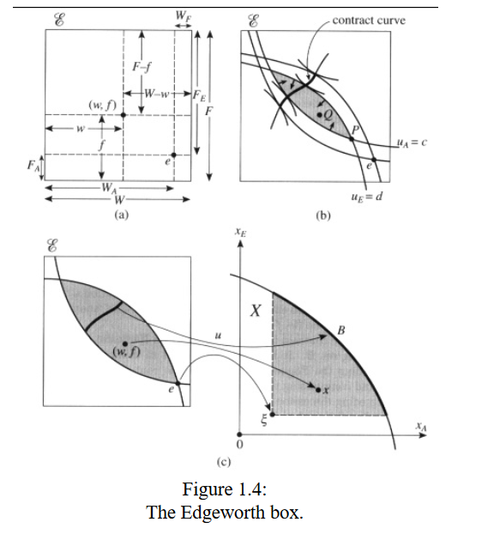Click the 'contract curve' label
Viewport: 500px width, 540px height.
pyautogui.click(x=369, y=21)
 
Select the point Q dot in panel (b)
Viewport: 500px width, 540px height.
pyautogui.click(x=320, y=115)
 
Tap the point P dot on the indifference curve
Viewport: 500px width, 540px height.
pyautogui.click(x=352, y=139)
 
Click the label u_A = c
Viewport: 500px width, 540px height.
pyautogui.click(x=412, y=143)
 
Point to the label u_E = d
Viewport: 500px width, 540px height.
pyautogui.click(x=367, y=197)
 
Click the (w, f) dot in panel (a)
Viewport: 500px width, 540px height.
pyautogui.click(x=123, y=115)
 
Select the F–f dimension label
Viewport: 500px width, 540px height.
pyautogui.click(x=142, y=66)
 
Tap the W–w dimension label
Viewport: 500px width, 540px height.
pyautogui.click(x=157, y=94)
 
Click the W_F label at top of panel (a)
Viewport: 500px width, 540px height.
pyautogui.click(x=183, y=16)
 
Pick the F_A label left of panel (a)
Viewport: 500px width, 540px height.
pyautogui.click(x=33, y=166)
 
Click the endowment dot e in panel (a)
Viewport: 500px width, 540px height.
pyautogui.click(x=174, y=155)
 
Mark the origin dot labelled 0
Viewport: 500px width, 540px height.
pyautogui.click(x=239, y=434)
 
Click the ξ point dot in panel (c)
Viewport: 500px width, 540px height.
pyautogui.click(x=272, y=415)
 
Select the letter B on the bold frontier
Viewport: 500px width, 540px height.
pyautogui.click(x=341, y=331)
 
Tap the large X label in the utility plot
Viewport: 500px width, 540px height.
pyautogui.click(x=256, y=311)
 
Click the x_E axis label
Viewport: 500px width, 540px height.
pyautogui.click(x=240, y=232)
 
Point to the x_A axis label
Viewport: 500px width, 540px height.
pyautogui.click(x=421, y=427)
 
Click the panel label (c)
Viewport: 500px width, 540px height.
pyautogui.click(x=224, y=462)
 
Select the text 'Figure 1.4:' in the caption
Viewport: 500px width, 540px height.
pyautogui.click(x=225, y=489)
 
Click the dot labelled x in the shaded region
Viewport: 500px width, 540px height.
pyautogui.click(x=318, y=390)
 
